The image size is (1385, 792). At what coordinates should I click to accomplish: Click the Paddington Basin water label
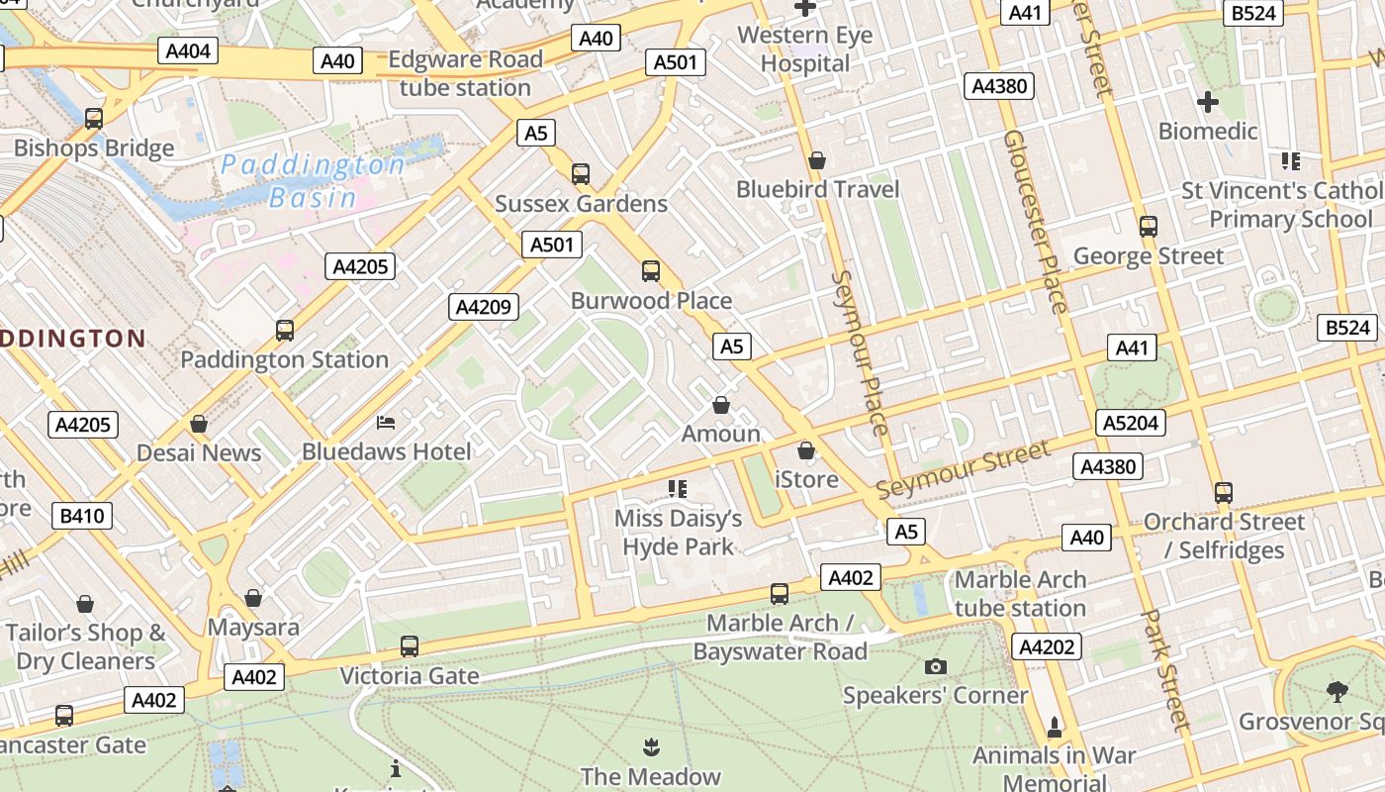(x=313, y=180)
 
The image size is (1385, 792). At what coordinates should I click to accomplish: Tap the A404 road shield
(x=188, y=50)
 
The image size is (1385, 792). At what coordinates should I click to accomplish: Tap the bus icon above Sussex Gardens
(x=581, y=174)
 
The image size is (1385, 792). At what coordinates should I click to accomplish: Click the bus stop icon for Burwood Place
(x=651, y=271)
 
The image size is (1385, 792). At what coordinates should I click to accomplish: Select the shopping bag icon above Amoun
(x=721, y=406)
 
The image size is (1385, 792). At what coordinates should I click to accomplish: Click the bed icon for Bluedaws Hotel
(x=387, y=423)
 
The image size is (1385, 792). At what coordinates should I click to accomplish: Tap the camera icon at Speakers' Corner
(x=935, y=666)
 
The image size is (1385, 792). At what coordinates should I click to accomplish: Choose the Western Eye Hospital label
(x=805, y=49)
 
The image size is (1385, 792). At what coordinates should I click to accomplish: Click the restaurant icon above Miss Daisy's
(x=678, y=489)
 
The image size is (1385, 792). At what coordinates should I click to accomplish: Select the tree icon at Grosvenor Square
(x=1338, y=692)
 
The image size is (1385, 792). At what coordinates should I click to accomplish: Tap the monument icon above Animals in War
(x=1055, y=728)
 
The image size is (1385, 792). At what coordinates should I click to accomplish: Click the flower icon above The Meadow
(x=651, y=746)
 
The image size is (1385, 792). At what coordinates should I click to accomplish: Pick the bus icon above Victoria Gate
(x=410, y=647)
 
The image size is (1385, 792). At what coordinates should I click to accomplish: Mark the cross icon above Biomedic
(x=1207, y=102)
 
